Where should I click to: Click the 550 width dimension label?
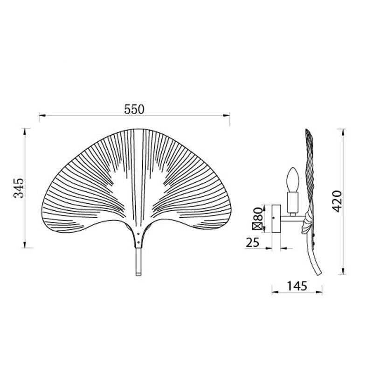(134, 110)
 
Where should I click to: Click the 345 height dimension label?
(19, 188)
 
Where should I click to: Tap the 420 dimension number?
(337, 201)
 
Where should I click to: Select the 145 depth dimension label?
(297, 286)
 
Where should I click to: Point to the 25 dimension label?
(252, 242)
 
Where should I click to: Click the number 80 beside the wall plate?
(258, 214)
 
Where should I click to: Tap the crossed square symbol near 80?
(258, 226)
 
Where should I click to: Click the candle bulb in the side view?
(293, 180)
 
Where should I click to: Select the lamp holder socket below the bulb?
(293, 202)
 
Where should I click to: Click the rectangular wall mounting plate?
(276, 218)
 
